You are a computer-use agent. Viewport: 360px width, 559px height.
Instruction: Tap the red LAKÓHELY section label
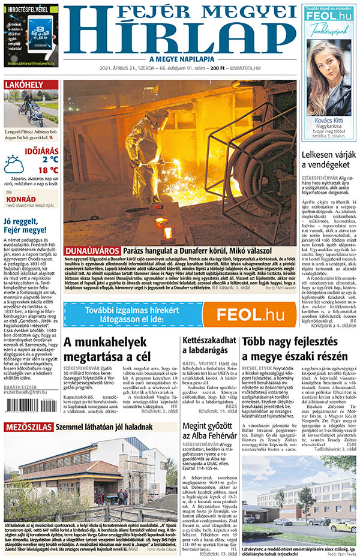[23, 85]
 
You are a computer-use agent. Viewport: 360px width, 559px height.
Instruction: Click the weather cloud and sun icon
[14, 163]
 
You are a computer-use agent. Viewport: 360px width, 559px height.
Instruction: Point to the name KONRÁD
[20, 199]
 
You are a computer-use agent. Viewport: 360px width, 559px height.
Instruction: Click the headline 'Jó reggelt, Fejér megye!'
[25, 224]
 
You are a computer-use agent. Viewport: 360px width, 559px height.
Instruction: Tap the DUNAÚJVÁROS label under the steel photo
[92, 250]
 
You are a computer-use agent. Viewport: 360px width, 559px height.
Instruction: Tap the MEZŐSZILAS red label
[28, 428]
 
